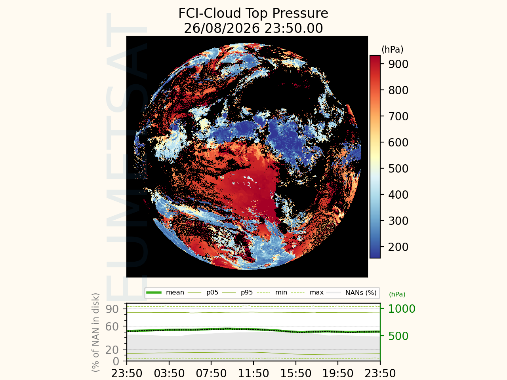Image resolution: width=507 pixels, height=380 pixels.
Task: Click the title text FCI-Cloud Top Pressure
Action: tap(253, 13)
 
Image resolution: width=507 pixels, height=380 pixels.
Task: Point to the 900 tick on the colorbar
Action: tap(398, 64)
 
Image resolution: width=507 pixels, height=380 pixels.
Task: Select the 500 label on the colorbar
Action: tap(398, 169)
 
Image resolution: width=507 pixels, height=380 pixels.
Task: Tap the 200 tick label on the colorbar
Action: tap(398, 247)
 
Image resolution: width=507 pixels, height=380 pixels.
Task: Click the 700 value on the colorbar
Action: tap(398, 116)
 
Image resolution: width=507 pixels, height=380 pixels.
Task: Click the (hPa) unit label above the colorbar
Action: tap(393, 49)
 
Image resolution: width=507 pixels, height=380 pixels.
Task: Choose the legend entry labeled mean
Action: tap(165, 293)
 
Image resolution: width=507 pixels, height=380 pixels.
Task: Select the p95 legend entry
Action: tap(237, 293)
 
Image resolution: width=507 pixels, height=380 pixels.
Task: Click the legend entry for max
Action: tap(307, 293)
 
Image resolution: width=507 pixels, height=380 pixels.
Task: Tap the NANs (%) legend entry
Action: tap(352, 293)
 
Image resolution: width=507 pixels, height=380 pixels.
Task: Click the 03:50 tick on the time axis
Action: tap(169, 373)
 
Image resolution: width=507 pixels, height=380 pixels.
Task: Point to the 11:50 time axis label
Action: tap(253, 373)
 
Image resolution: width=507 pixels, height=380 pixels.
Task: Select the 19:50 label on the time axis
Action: tap(338, 373)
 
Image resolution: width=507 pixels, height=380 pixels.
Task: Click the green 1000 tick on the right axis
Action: tap(402, 309)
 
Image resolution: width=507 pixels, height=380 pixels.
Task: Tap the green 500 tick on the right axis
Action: tap(398, 336)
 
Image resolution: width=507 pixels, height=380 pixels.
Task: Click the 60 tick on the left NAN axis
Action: tap(112, 327)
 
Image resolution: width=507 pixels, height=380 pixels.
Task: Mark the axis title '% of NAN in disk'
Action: tap(95, 332)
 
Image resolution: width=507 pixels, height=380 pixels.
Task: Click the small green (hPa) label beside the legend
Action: tap(397, 294)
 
